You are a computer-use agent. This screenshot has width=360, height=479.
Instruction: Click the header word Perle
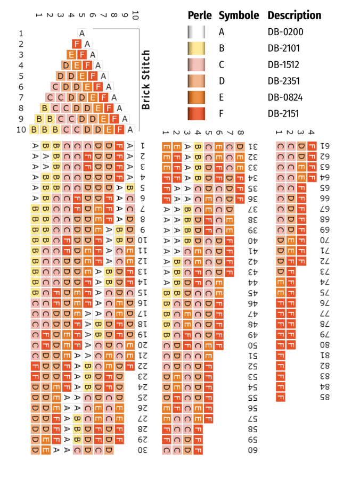200,15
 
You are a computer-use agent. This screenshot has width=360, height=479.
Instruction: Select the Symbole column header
239,15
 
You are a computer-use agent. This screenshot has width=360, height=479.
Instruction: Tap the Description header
294,15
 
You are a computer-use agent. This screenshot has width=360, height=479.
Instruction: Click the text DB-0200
283,32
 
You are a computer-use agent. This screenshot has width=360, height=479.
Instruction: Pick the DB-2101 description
283,48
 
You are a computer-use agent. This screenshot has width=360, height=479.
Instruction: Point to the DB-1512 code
283,65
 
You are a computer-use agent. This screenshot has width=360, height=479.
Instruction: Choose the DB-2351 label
283,81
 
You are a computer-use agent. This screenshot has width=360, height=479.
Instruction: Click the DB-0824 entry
283,97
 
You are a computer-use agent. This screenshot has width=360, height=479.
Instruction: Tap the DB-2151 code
283,114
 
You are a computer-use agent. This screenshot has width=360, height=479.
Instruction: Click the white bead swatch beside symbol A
197,32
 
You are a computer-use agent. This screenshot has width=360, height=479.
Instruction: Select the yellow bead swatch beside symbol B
197,48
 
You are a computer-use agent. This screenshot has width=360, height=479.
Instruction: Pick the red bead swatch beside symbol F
197,114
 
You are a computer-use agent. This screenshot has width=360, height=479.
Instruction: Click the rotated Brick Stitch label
146,80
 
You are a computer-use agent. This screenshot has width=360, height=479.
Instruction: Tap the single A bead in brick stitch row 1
82,33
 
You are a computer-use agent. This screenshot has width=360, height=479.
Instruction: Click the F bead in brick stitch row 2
77,44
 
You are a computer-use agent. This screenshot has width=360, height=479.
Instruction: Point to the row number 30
142,450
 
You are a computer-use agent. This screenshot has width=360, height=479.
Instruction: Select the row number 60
252,450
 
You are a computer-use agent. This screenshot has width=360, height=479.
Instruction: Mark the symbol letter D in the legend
221,81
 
